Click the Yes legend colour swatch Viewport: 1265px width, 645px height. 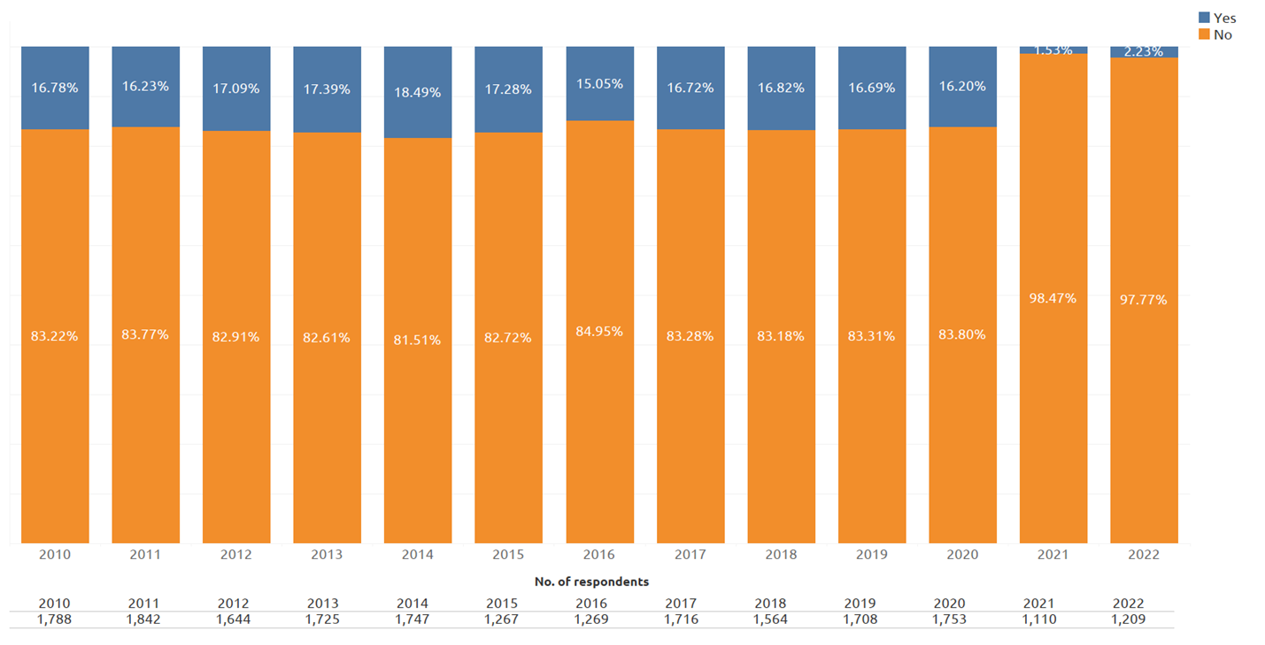[1204, 18]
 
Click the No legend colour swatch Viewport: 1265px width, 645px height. [1204, 35]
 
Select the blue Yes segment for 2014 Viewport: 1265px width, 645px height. [418, 92]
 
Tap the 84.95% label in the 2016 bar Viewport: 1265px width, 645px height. [599, 331]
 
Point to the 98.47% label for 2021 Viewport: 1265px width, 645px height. [1053, 298]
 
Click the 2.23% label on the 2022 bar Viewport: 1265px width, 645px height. [1144, 51]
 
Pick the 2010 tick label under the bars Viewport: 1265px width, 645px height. [55, 555]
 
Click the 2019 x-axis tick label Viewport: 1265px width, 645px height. [872, 555]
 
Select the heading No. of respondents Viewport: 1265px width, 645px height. [592, 581]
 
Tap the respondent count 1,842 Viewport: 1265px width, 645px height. [143, 619]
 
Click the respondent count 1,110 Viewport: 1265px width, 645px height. [1039, 619]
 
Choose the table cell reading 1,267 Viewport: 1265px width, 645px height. [501, 619]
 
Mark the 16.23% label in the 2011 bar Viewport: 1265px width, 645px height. [145, 87]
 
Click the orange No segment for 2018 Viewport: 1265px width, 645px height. [782, 337]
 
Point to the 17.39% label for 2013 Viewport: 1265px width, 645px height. [327, 89]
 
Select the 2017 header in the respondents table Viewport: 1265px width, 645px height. [681, 603]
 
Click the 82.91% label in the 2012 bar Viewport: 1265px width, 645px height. [236, 337]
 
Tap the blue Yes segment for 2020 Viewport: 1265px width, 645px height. [963, 87]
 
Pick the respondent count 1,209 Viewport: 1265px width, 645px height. [1129, 619]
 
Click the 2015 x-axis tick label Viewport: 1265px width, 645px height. [508, 555]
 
